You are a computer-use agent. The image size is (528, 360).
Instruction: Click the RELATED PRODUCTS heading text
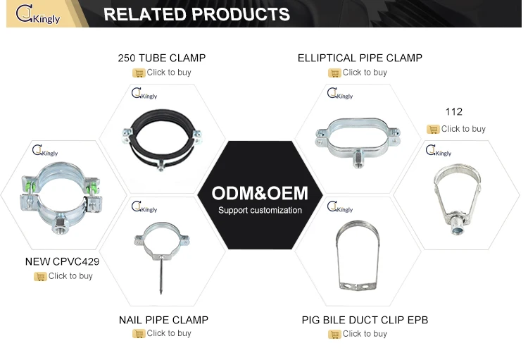(x=196, y=14)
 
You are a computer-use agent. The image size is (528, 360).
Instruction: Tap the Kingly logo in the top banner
(x=38, y=14)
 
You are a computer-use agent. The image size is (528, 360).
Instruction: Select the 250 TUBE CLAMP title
(x=162, y=58)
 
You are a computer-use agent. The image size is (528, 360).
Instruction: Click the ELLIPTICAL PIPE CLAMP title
(x=360, y=58)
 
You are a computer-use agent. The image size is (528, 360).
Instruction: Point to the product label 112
(x=453, y=112)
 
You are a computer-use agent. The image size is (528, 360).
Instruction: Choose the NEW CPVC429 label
(x=62, y=261)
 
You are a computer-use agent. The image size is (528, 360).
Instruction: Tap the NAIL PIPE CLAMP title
(x=163, y=320)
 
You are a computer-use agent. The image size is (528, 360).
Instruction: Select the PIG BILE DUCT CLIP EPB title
(x=365, y=320)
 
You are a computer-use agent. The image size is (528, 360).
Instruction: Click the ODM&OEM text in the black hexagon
(x=260, y=193)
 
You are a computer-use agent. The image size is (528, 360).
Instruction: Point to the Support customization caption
(x=260, y=211)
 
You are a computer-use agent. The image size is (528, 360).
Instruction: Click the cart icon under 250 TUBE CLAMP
(x=139, y=73)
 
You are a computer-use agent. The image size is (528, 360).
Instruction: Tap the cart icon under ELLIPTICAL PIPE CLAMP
(x=334, y=73)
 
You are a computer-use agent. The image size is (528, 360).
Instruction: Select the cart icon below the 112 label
(x=434, y=129)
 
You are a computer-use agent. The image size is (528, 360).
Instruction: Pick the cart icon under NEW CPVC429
(x=40, y=276)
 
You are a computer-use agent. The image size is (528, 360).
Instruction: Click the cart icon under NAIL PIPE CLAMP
(x=139, y=334)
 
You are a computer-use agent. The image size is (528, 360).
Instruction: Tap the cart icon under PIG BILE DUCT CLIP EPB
(x=334, y=335)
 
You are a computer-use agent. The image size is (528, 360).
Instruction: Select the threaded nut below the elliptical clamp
(x=358, y=160)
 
